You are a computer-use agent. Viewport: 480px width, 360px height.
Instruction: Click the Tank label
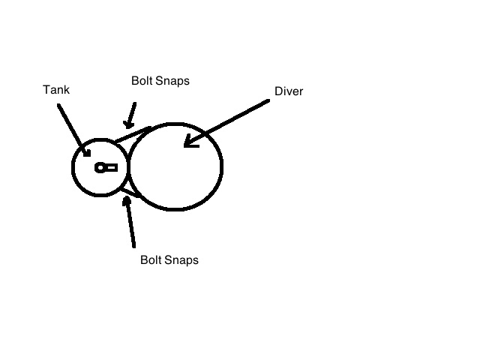(56, 90)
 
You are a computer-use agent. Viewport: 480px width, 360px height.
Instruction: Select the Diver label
(289, 91)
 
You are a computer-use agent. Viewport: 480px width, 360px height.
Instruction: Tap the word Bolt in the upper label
(142, 81)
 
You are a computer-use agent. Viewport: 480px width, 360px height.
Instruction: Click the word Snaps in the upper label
(172, 81)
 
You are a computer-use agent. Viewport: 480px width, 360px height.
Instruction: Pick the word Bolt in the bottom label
(151, 260)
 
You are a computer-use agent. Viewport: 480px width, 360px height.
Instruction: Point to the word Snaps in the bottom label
(181, 260)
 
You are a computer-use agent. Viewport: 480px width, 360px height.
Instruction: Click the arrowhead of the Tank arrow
(86, 151)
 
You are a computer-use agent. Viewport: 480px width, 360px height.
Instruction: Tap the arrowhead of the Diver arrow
(190, 142)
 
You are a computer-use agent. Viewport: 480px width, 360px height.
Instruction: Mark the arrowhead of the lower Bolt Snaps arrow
(126, 201)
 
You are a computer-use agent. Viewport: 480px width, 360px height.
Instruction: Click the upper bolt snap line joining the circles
(133, 134)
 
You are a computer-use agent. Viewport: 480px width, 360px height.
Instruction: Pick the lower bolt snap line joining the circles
(131, 193)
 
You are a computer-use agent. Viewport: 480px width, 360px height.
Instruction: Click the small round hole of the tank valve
(100, 168)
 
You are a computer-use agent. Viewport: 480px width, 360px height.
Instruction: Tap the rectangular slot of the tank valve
(112, 168)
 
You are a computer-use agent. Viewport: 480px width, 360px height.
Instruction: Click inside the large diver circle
(176, 166)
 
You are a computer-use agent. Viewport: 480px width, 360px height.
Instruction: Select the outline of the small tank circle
(71, 167)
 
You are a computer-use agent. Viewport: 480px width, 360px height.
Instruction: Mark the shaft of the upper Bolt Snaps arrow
(132, 112)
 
